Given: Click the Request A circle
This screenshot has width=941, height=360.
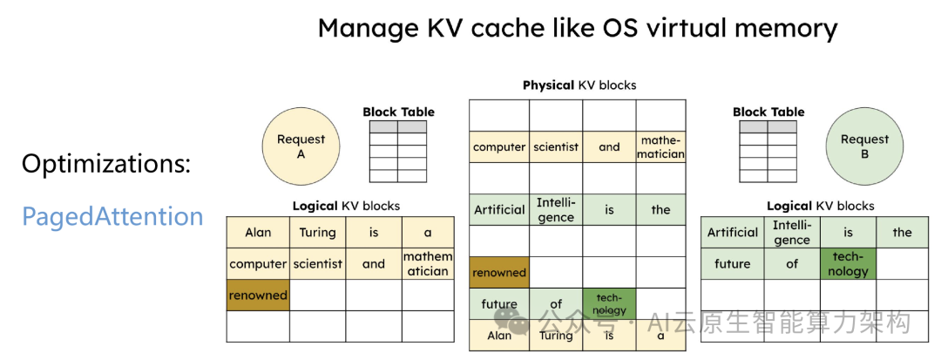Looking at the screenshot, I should pyautogui.click(x=301, y=146).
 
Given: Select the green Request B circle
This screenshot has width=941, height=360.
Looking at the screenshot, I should pyautogui.click(x=864, y=146).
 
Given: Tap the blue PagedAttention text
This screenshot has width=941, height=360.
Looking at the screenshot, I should pyautogui.click(x=112, y=216).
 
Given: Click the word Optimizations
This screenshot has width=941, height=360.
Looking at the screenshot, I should pyautogui.click(x=105, y=163).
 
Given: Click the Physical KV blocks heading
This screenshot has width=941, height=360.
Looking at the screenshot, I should pyautogui.click(x=579, y=85).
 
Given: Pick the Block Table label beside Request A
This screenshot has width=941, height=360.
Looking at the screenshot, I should pyautogui.click(x=398, y=112).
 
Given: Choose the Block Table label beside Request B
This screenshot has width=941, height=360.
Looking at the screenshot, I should pyautogui.click(x=768, y=112).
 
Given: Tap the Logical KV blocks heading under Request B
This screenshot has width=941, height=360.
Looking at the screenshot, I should pyautogui.click(x=820, y=206).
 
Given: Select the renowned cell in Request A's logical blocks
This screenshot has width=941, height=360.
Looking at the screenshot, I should pyautogui.click(x=258, y=295).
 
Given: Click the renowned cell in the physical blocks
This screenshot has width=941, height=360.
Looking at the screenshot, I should pyautogui.click(x=499, y=272).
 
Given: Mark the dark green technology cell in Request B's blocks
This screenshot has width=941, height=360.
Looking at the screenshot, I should pyautogui.click(x=849, y=264).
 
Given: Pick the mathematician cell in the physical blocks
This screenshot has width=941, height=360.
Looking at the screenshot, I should pyautogui.click(x=660, y=146).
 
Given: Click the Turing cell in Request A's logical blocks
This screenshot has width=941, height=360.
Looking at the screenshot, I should pyautogui.click(x=317, y=232).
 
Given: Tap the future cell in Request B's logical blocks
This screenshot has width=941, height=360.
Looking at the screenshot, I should pyautogui.click(x=732, y=262).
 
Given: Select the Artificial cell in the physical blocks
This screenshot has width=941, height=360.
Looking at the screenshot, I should pyautogui.click(x=499, y=209).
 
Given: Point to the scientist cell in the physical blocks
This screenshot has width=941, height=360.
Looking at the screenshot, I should pyautogui.click(x=556, y=146).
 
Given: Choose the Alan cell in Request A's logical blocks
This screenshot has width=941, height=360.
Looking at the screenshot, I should pyautogui.click(x=258, y=232).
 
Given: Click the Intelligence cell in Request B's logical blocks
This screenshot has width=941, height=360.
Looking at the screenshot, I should pyautogui.click(x=791, y=233).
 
